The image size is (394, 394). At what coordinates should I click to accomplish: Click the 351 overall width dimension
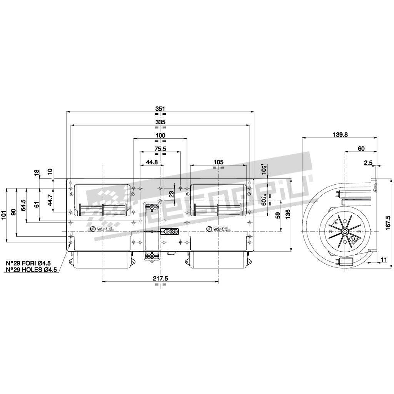pyautogui.click(x=160, y=109)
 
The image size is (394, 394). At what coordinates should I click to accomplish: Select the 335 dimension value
pyautogui.click(x=160, y=122)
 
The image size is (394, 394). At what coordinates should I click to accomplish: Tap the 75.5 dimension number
pyautogui.click(x=160, y=149)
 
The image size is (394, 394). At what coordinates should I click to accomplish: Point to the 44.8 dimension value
pyautogui.click(x=152, y=162)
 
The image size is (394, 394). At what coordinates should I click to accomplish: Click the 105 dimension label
pyautogui.click(x=218, y=162)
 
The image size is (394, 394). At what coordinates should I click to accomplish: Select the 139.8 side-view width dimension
pyautogui.click(x=339, y=134)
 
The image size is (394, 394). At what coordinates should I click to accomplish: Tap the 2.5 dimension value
pyautogui.click(x=368, y=163)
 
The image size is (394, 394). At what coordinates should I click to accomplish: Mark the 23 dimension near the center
pyautogui.click(x=172, y=195)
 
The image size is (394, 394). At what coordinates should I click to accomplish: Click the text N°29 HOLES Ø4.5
pyautogui.click(x=31, y=270)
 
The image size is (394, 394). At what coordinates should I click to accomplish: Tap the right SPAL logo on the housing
pyautogui.click(x=219, y=229)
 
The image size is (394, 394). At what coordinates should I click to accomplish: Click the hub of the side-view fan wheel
pyautogui.click(x=344, y=231)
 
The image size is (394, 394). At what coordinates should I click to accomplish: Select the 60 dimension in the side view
pyautogui.click(x=361, y=149)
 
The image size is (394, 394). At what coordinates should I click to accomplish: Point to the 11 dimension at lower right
pyautogui.click(x=384, y=260)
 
